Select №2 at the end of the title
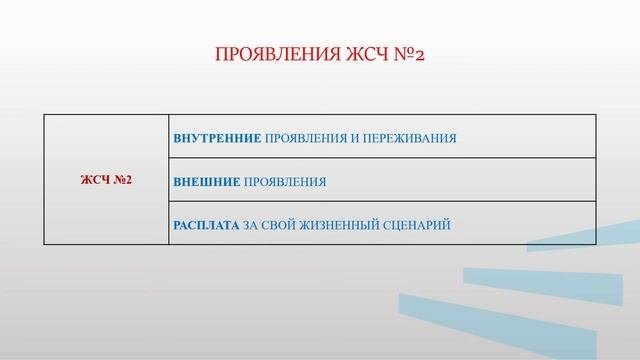coord(408,53)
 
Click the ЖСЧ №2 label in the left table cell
coord(106,181)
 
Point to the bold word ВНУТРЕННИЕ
coord(217,138)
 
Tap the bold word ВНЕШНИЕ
coord(206,182)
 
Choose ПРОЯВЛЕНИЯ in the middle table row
coord(285,182)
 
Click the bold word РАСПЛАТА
coord(206,225)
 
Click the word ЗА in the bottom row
coord(251,225)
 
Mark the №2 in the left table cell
coord(123,181)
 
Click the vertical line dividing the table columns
coord(168,180)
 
